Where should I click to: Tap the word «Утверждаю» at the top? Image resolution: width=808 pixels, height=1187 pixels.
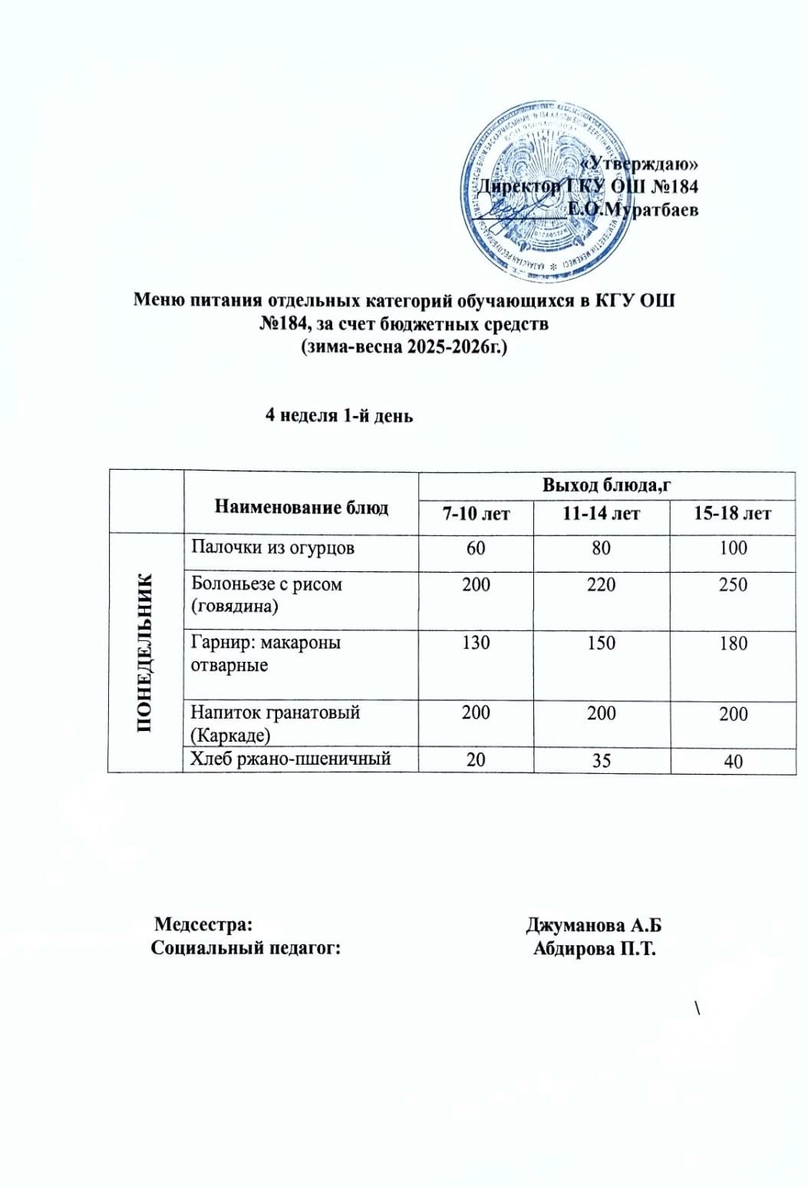(640, 163)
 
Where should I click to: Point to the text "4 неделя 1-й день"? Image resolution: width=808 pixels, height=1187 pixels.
(339, 415)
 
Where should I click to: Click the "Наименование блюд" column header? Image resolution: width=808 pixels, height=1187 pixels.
(301, 507)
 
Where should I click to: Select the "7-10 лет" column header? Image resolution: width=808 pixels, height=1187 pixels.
(476, 514)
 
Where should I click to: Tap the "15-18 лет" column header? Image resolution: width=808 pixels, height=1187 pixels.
(732, 514)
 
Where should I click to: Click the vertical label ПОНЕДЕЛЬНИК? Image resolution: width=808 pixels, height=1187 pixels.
(145, 653)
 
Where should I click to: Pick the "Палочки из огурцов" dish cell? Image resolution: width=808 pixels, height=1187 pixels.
(272, 548)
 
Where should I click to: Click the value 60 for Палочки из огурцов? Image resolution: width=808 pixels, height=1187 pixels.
(476, 548)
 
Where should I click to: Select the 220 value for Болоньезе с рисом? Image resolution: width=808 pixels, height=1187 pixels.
(601, 585)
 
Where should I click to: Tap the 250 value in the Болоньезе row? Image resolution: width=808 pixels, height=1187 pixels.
(733, 585)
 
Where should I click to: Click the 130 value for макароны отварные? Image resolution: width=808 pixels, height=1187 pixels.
(476, 643)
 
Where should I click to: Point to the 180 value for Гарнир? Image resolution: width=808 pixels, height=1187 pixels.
(733, 643)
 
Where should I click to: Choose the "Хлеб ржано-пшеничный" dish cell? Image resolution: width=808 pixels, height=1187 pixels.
(291, 759)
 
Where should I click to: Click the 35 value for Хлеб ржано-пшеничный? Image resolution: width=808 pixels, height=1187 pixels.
(601, 760)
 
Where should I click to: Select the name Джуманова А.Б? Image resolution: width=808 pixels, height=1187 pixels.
(593, 925)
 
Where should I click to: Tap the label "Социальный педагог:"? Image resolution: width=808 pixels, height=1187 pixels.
(246, 948)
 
